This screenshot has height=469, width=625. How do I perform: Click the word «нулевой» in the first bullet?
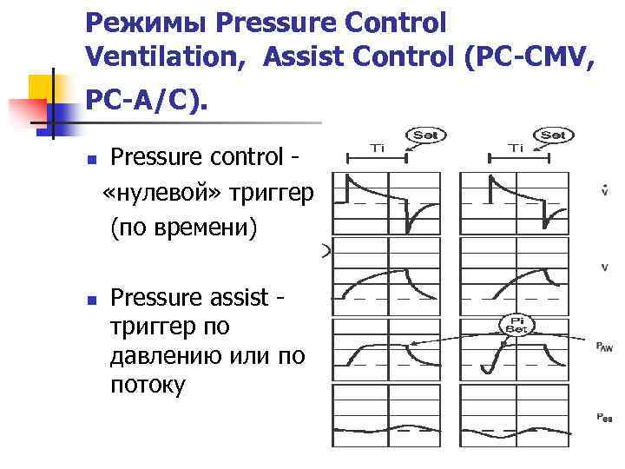(x=166, y=192)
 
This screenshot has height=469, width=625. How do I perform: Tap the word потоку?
(x=148, y=385)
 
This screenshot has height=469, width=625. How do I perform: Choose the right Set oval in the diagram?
(x=553, y=135)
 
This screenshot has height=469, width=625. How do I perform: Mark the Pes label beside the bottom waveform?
(x=604, y=418)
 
